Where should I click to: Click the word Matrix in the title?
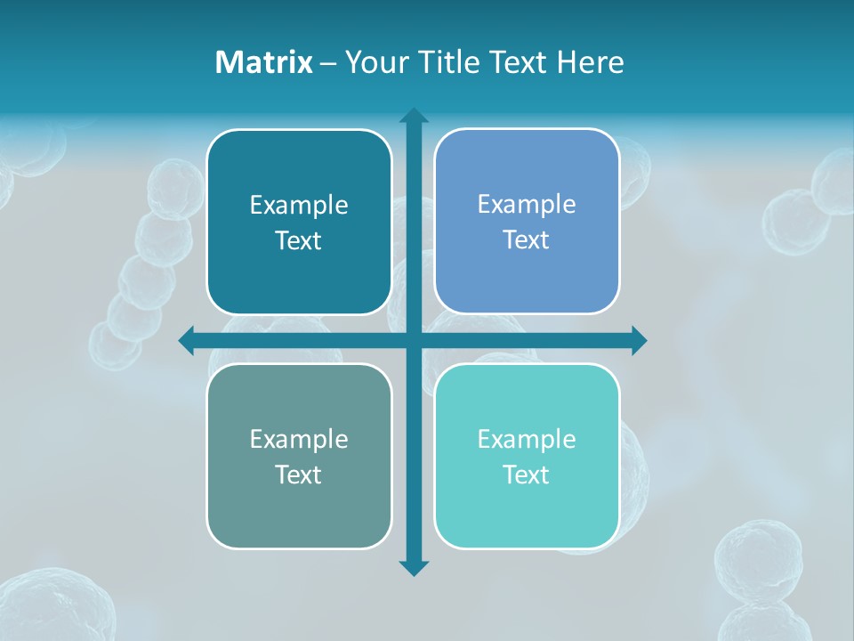pyautogui.click(x=263, y=62)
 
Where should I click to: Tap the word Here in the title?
pyautogui.click(x=590, y=62)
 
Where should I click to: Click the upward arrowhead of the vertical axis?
pyautogui.click(x=414, y=117)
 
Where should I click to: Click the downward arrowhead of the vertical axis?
pyautogui.click(x=414, y=567)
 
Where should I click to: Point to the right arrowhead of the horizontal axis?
pyautogui.click(x=638, y=340)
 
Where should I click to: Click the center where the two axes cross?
pyautogui.click(x=414, y=340)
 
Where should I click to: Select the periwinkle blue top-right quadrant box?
pyautogui.click(x=527, y=276)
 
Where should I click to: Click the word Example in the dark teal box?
pyautogui.click(x=299, y=206)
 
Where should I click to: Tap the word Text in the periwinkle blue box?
pyautogui.click(x=527, y=240)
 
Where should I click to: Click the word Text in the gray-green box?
pyautogui.click(x=299, y=475)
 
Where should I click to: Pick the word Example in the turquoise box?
pyautogui.click(x=527, y=440)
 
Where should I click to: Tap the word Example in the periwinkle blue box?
pyautogui.click(x=527, y=205)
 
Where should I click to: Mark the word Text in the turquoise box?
pyautogui.click(x=527, y=475)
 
